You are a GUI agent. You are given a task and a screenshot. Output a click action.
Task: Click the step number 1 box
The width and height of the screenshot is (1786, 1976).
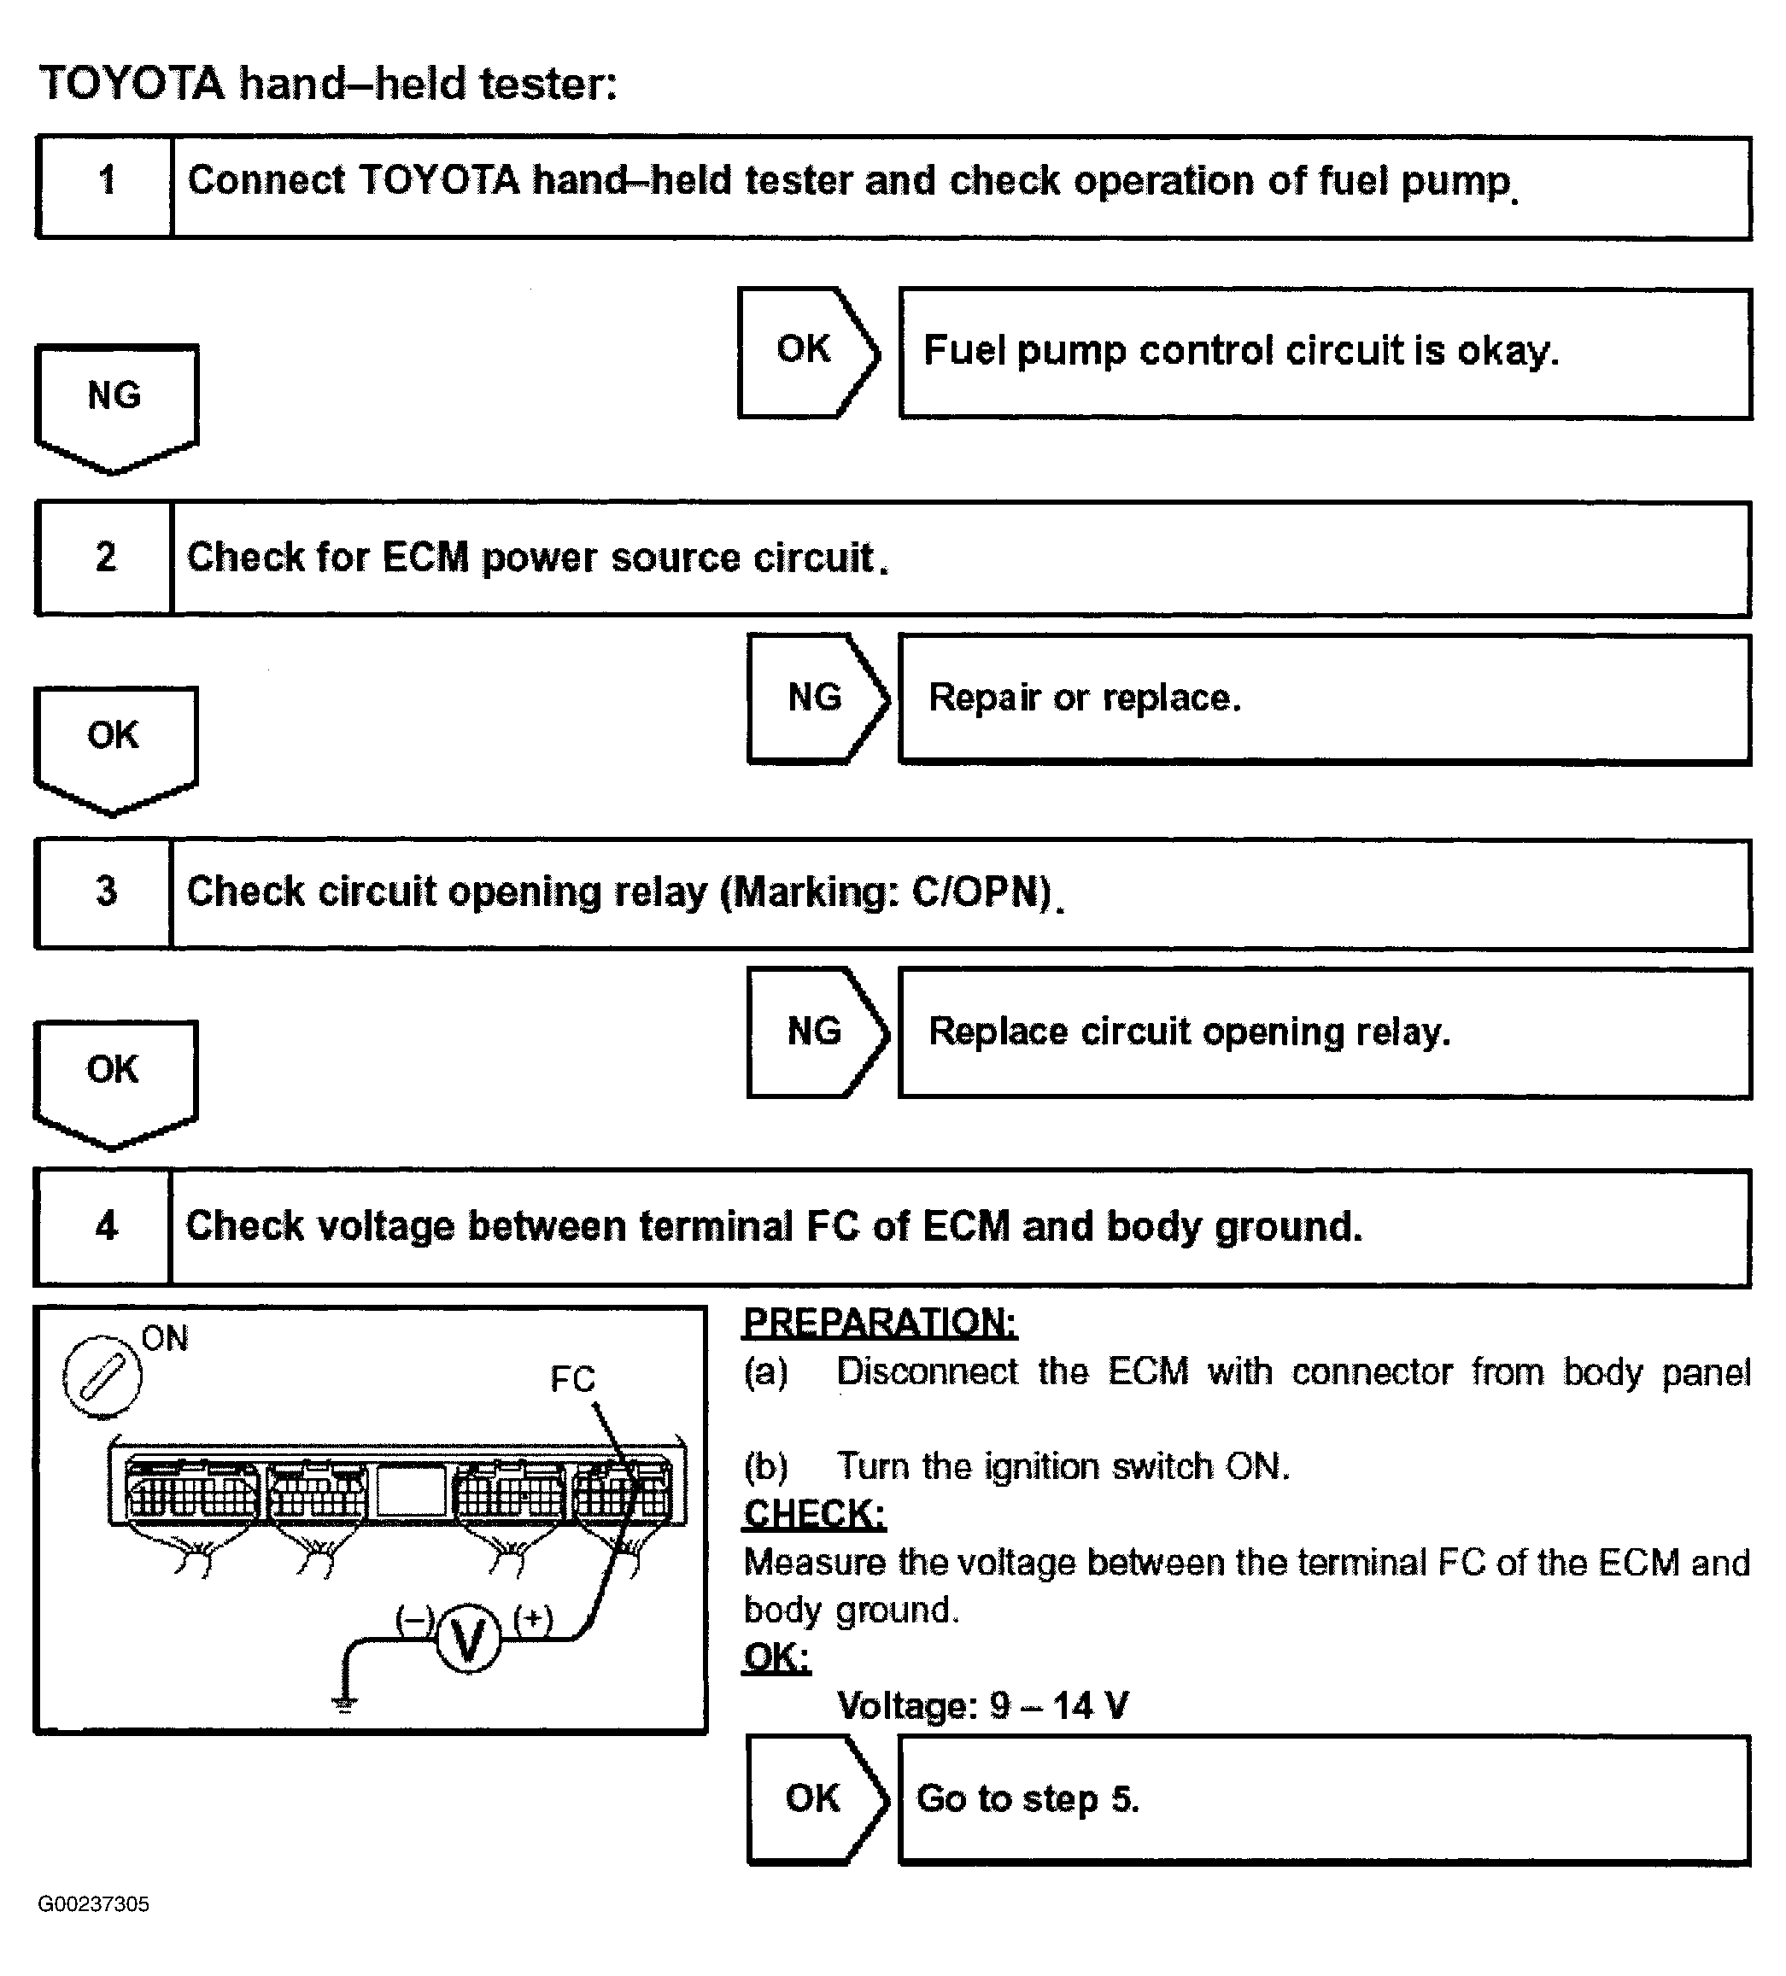pos(105,186)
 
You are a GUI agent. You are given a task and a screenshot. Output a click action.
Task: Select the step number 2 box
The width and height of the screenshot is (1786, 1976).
pos(105,558)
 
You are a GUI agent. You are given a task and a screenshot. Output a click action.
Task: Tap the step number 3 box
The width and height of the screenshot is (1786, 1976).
pos(105,892)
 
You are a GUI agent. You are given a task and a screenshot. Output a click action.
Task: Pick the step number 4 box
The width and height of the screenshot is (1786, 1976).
pos(105,1226)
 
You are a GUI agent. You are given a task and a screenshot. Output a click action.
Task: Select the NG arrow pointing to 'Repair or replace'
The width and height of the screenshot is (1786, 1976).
pos(817,698)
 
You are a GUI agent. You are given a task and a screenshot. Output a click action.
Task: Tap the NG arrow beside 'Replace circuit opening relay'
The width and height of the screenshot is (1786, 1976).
pos(817,1032)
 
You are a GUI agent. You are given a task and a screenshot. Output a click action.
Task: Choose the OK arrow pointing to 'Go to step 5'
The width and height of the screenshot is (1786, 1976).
pos(816,1798)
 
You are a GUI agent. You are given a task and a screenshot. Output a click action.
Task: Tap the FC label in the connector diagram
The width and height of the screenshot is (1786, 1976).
pos(572,1379)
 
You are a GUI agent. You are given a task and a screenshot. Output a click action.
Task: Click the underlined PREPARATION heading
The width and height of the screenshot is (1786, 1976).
pos(879,1322)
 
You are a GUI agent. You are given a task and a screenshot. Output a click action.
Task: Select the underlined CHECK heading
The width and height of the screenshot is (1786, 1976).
pos(814,1513)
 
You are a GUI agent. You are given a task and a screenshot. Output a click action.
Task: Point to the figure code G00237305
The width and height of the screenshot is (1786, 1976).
pos(94,1903)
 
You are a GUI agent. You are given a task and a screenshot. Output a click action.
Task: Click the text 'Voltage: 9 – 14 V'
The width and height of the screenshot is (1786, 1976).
pos(982,1705)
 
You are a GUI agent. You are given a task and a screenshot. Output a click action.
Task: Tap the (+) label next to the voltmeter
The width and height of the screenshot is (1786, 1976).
pos(533,1618)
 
